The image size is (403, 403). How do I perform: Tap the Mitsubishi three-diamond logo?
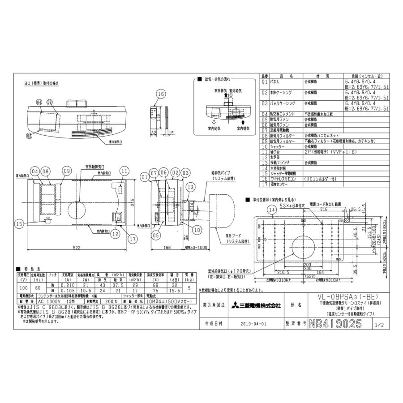[235, 306]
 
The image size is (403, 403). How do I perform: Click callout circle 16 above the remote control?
[162, 93]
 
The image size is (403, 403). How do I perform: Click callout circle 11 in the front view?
[124, 171]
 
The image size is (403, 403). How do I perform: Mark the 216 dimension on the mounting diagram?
[324, 209]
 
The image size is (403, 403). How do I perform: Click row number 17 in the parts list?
[264, 183]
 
